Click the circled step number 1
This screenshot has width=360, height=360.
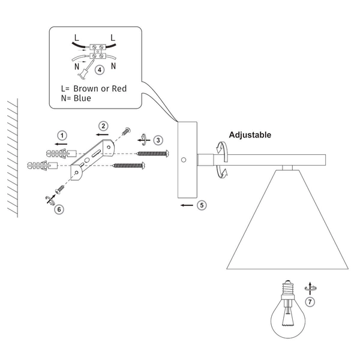point(61,135)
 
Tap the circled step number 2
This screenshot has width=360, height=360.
point(104,125)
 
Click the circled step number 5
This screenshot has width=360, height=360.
point(202,205)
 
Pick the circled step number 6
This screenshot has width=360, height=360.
point(59,209)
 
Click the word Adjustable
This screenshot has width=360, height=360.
point(250,135)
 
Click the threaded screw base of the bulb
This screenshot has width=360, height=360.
point(287,289)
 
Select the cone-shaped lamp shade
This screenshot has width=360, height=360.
point(287,228)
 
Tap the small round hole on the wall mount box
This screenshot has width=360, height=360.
point(184,160)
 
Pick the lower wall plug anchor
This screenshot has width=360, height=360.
point(42,163)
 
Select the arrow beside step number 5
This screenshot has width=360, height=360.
point(187,205)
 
